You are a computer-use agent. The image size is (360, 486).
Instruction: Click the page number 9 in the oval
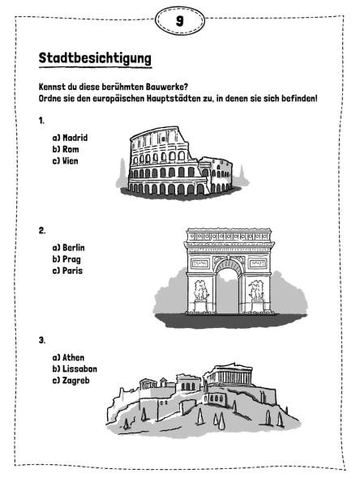pyautogui.click(x=180, y=21)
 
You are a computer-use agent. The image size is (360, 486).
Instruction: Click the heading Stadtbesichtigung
pyautogui.click(x=96, y=58)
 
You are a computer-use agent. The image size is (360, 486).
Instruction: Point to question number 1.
pyautogui.click(x=41, y=121)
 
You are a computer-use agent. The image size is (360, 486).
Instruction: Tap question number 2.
pyautogui.click(x=42, y=231)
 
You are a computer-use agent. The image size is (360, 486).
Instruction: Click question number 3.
pyautogui.click(x=42, y=340)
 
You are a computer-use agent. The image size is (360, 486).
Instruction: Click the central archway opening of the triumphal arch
pyautogui.click(x=228, y=292)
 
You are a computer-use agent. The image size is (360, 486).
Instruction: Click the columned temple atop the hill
pyautogui.click(x=229, y=374)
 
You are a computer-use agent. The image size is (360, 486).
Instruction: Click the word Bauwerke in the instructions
pyautogui.click(x=168, y=87)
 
